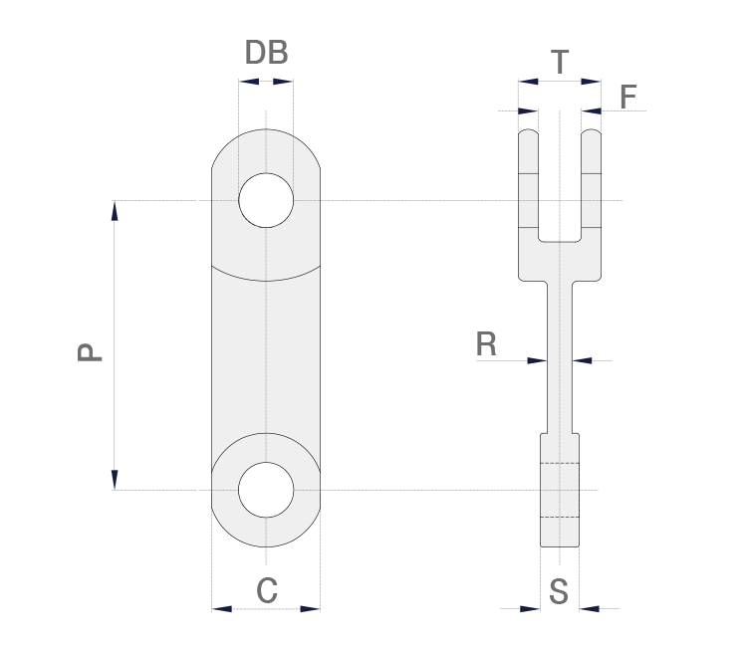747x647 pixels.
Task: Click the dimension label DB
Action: click(x=266, y=54)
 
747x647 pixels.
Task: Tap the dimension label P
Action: click(x=91, y=352)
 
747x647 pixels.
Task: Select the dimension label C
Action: click(x=267, y=591)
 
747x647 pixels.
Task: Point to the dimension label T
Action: click(x=560, y=64)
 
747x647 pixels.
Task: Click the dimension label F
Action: click(x=627, y=98)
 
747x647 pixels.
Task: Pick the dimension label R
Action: click(x=486, y=344)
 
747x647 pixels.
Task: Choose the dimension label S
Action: click(x=559, y=592)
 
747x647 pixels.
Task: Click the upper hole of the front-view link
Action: click(x=266, y=200)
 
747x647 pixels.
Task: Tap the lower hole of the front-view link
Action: click(x=266, y=490)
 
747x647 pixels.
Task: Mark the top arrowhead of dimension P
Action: click(x=115, y=210)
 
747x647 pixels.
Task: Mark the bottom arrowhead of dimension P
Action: click(x=115, y=480)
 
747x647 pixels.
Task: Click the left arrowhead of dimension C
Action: click(x=221, y=608)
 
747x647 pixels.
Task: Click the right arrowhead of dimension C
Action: click(x=311, y=608)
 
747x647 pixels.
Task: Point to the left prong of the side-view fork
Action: click(x=529, y=184)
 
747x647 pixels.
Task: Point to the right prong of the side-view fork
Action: click(x=592, y=184)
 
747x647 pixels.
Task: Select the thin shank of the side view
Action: click(x=560, y=358)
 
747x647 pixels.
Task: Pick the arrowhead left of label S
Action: click(x=531, y=608)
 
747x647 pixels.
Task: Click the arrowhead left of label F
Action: click(x=592, y=110)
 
